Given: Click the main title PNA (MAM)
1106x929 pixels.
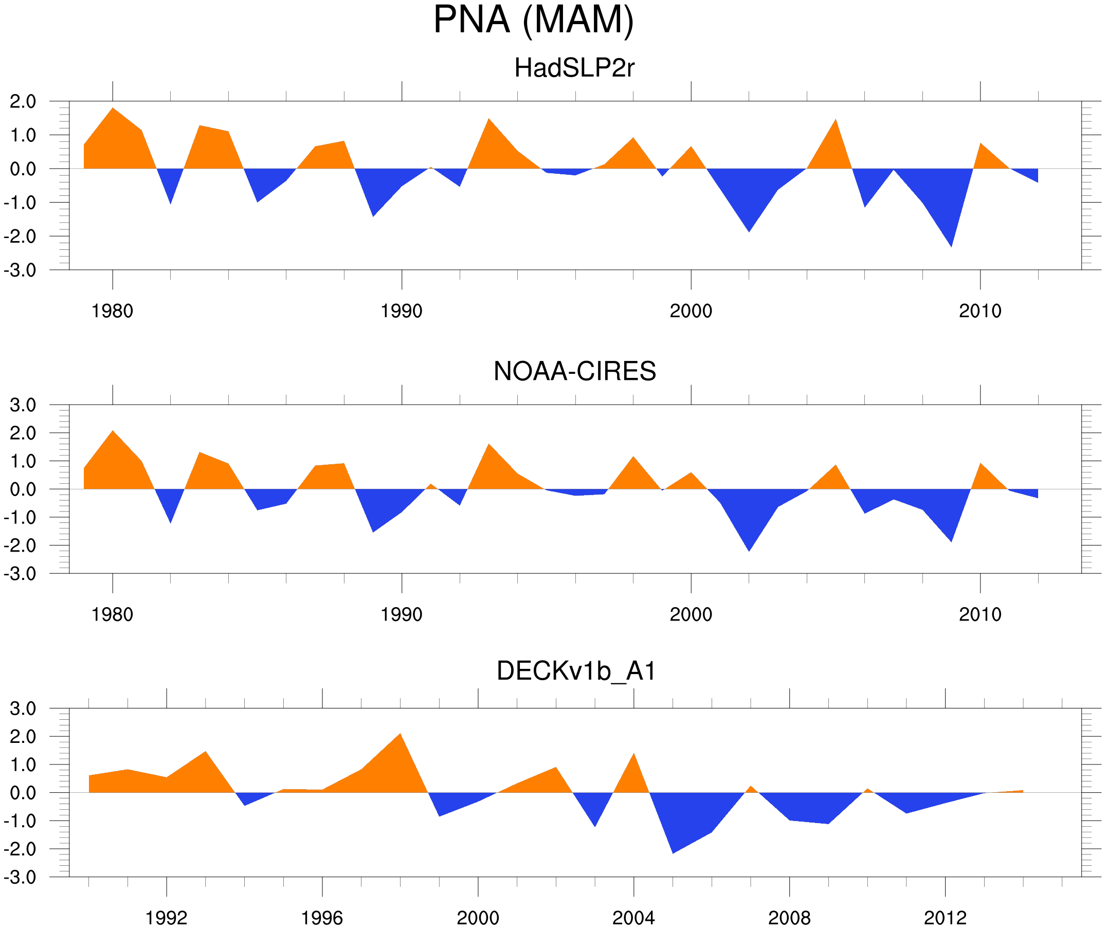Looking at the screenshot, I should click(x=533, y=20).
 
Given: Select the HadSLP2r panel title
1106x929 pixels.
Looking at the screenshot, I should click(x=574, y=68).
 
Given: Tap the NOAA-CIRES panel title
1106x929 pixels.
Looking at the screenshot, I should click(x=574, y=371).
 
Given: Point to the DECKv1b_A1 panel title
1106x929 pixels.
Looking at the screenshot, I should click(x=576, y=671).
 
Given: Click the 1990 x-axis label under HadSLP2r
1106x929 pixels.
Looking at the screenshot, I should click(x=402, y=311).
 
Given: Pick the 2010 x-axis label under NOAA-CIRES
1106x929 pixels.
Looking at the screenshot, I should click(x=980, y=614).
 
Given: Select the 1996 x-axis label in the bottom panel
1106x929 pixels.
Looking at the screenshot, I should click(x=322, y=918).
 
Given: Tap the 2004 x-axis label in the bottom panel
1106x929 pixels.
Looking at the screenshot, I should click(x=633, y=918).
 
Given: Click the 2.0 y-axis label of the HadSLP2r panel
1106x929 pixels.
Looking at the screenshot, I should click(x=23, y=102).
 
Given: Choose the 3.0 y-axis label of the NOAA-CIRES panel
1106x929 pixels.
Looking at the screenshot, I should click(x=23, y=406).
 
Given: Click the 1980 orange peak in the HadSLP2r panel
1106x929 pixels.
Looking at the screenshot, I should click(x=113, y=113).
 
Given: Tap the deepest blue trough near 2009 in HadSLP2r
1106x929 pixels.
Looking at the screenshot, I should click(x=951, y=240).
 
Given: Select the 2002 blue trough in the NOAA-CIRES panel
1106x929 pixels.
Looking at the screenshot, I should click(x=749, y=545).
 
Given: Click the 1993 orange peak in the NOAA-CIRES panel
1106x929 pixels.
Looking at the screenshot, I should click(x=489, y=449).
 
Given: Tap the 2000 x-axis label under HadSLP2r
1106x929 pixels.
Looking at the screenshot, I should click(x=691, y=311).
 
